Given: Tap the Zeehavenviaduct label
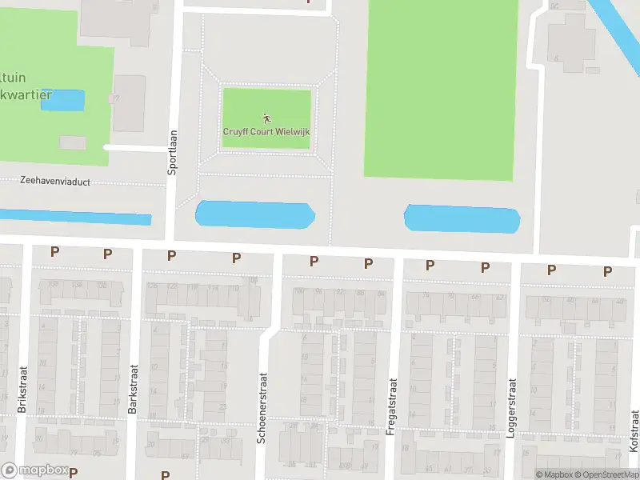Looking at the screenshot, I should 55,182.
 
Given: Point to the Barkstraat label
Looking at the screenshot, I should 134,390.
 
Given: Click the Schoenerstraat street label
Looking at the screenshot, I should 262,407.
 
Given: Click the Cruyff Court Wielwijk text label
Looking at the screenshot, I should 266,131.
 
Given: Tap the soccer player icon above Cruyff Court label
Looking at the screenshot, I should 266,118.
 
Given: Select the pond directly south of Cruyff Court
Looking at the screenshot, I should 255,214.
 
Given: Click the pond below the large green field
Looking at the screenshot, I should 462,219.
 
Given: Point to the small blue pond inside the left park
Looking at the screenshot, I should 62,100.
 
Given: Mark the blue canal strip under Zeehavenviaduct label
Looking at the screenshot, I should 76,217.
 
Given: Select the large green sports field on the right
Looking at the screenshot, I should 440,88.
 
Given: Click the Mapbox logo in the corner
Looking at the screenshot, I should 34,470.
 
